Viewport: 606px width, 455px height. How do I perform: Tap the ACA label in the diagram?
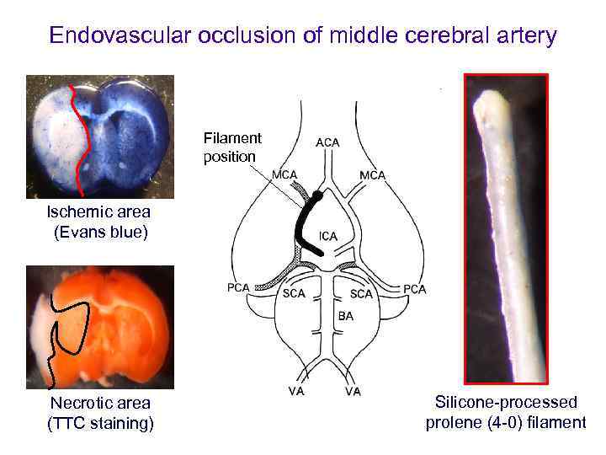tap(327, 142)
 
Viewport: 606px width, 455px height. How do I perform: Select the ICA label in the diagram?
tap(328, 237)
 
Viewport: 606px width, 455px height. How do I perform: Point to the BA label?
tap(346, 316)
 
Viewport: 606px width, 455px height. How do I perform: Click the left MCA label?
tap(285, 174)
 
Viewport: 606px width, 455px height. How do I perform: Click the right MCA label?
tap(372, 174)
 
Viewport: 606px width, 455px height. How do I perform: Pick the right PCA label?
tap(414, 289)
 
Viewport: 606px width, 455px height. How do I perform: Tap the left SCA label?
tap(294, 294)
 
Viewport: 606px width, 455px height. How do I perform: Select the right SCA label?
tap(361, 294)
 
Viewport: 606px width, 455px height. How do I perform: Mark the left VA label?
tap(296, 391)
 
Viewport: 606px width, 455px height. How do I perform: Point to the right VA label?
tap(353, 391)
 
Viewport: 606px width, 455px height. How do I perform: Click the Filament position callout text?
tap(232, 147)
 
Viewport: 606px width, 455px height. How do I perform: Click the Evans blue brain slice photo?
tap(99, 136)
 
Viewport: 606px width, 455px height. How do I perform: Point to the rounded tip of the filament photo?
tap(487, 104)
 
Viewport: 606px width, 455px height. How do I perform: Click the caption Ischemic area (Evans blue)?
tap(99, 222)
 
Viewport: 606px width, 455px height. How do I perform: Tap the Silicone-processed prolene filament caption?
tap(506, 412)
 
